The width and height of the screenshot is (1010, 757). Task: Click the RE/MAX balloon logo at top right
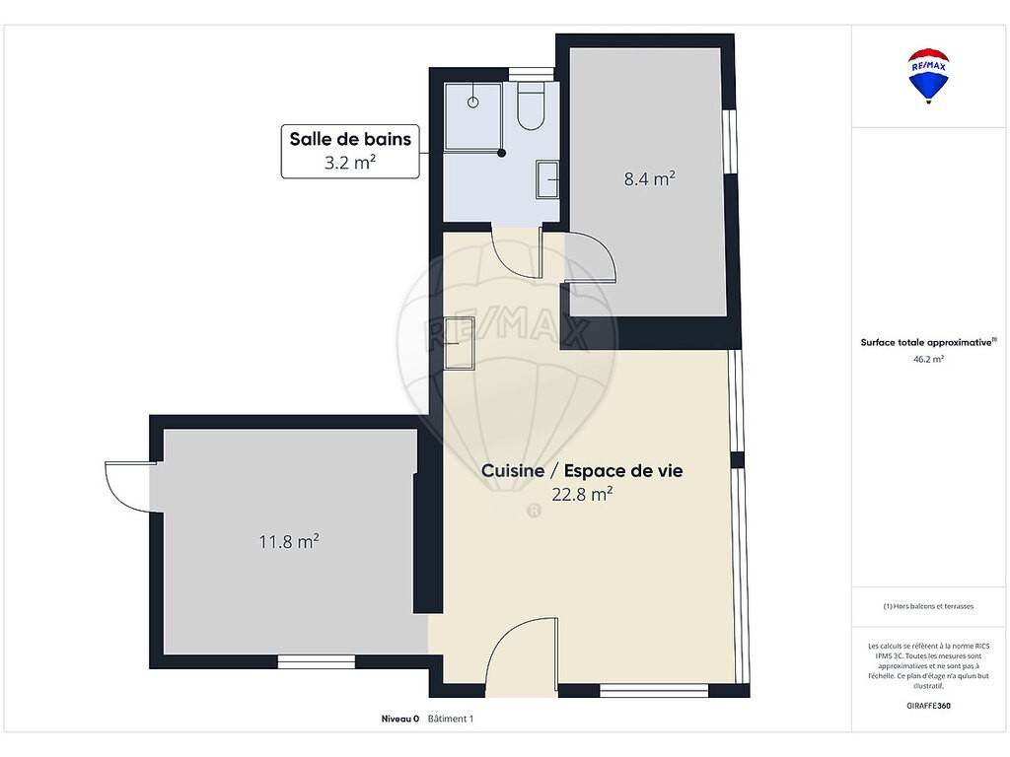click(x=928, y=75)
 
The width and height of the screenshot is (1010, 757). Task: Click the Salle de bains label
click(x=350, y=139)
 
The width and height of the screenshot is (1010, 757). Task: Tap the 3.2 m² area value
click(x=350, y=163)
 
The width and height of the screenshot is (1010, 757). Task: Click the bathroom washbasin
click(x=546, y=179)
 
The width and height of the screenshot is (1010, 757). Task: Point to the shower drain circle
click(x=472, y=103)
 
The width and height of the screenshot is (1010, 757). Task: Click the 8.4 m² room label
click(x=649, y=178)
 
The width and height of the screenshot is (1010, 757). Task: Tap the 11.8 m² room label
click(x=289, y=541)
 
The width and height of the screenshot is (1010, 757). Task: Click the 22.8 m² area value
click(x=582, y=494)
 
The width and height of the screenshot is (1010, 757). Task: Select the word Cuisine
click(x=513, y=470)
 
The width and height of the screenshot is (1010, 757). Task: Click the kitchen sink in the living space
click(x=460, y=343)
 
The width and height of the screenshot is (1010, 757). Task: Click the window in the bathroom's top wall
click(x=532, y=74)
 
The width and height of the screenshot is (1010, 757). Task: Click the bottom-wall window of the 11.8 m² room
click(x=317, y=661)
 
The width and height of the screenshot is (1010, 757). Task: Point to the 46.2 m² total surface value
click(x=928, y=359)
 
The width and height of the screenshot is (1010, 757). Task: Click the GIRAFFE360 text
click(x=928, y=706)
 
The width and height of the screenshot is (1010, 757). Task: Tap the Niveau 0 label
click(x=400, y=719)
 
